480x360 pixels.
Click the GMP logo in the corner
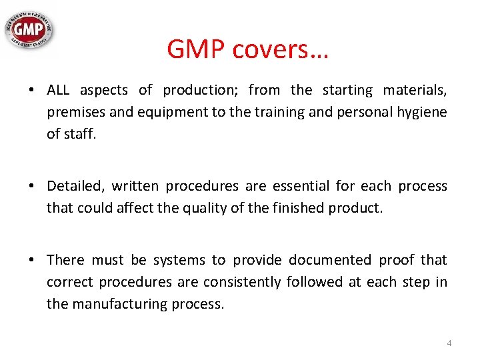[x=30, y=29]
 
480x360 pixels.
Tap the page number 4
[x=449, y=343]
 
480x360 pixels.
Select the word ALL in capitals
[x=59, y=90]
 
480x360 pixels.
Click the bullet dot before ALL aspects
[x=32, y=91]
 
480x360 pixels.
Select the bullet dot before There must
[x=32, y=260]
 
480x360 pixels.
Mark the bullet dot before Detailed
[x=32, y=186]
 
